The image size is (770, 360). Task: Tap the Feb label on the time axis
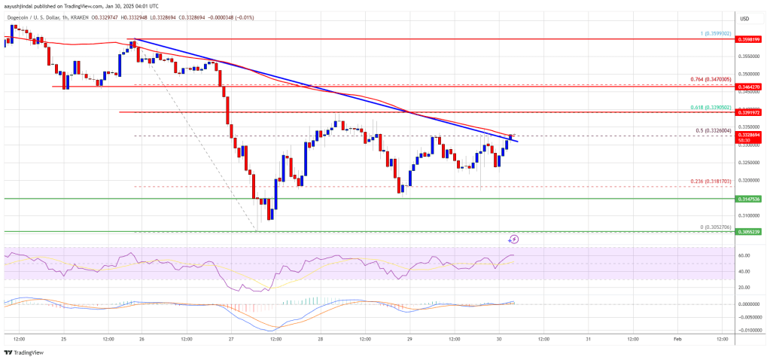[677, 339]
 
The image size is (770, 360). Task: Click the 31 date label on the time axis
[588, 339]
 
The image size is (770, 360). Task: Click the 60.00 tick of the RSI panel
[744, 256]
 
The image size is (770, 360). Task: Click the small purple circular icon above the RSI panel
[514, 239]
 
